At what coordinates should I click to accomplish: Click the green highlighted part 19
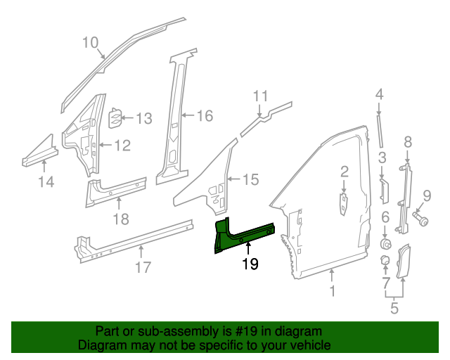click(x=243, y=235)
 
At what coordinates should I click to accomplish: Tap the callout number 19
click(x=250, y=264)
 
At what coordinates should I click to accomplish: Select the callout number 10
click(x=90, y=42)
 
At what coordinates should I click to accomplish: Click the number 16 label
click(x=204, y=116)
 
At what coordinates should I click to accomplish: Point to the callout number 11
click(x=261, y=96)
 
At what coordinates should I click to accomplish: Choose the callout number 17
click(x=143, y=267)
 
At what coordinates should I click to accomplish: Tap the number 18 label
click(x=121, y=219)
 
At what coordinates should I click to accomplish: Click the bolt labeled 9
click(x=423, y=221)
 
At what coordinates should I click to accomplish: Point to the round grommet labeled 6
click(x=385, y=244)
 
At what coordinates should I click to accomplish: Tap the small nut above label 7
click(x=385, y=261)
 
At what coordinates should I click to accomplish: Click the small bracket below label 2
click(x=344, y=204)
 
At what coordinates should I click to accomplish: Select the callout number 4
click(x=379, y=94)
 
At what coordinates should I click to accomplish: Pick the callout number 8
click(x=407, y=143)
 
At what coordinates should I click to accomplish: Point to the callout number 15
click(x=250, y=180)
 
